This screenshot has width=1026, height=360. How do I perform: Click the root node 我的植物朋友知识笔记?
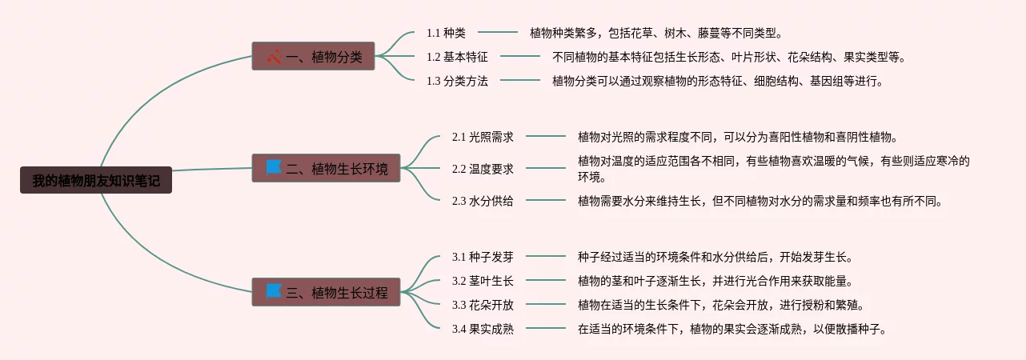[x=96, y=181]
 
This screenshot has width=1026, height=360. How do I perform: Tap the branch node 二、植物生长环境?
[x=326, y=168]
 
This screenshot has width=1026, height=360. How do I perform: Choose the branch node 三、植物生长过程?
[x=326, y=292]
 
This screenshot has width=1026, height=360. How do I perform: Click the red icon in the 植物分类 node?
[x=274, y=57]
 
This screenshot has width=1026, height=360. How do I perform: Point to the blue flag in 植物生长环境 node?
[x=274, y=167]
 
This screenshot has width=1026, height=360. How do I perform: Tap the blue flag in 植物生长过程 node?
[x=274, y=291]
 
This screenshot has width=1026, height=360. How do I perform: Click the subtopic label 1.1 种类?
[x=446, y=33]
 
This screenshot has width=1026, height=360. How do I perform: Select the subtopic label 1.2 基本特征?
[x=457, y=57]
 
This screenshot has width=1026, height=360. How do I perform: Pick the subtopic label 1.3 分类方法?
[x=457, y=81]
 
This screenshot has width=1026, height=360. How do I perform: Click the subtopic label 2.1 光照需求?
[x=483, y=137]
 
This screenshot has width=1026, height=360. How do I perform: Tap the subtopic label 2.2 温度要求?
[x=483, y=169]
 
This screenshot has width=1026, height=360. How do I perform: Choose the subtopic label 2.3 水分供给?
[x=483, y=201]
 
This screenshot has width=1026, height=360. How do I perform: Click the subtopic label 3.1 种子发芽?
[x=483, y=257]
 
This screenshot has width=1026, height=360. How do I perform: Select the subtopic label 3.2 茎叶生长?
[x=483, y=281]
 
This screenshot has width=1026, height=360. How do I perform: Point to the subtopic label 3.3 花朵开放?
[x=483, y=305]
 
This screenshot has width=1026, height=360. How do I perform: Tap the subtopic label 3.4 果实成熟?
[x=483, y=329]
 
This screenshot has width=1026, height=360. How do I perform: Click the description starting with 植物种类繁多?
[x=655, y=33]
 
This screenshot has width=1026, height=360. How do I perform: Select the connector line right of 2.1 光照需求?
[x=545, y=137]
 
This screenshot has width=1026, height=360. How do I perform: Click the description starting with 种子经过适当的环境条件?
[x=715, y=257]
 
